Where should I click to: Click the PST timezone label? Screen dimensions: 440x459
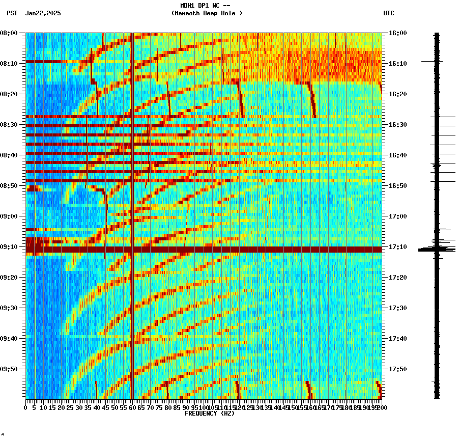[x=12, y=13]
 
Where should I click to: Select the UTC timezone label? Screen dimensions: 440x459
[x=388, y=13]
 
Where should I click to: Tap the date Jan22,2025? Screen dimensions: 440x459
[x=43, y=13]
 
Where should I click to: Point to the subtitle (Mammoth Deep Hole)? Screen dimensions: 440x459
[x=207, y=13]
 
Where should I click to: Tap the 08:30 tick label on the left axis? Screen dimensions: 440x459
[x=9, y=125]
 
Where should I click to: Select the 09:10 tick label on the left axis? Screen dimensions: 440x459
[x=9, y=247]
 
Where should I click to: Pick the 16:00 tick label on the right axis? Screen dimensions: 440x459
[x=397, y=33]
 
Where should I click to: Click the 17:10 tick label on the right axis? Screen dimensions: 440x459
[x=397, y=247]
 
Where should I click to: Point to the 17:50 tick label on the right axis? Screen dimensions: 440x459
[x=397, y=369]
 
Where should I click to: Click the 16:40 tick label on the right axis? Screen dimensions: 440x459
[x=397, y=155]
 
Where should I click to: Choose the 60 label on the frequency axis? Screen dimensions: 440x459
[x=132, y=407]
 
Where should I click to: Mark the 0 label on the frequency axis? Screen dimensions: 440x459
[x=26, y=407]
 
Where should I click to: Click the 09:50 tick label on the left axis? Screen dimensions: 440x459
[x=9, y=369]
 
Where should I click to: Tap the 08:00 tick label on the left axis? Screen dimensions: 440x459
[x=9, y=33]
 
